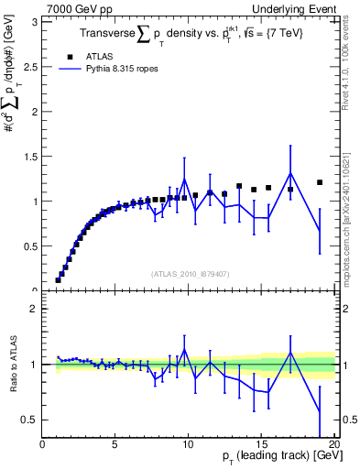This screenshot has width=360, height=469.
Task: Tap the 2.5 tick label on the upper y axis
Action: pyautogui.click(x=32, y=65)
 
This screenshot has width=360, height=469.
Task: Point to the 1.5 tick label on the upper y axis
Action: pyautogui.click(x=32, y=156)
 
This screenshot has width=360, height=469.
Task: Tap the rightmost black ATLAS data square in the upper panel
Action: pyautogui.click(x=320, y=182)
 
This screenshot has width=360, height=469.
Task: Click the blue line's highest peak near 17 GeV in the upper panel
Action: pyautogui.click(x=290, y=173)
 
